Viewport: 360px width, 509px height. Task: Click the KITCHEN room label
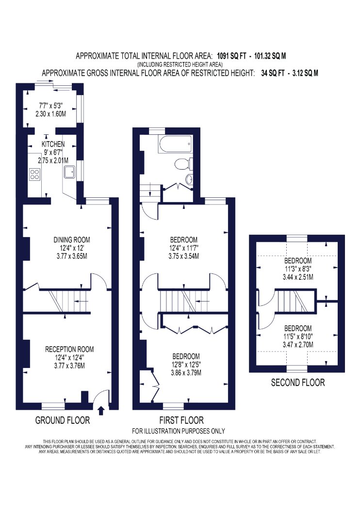53,144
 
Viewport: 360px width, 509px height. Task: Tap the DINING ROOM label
71,240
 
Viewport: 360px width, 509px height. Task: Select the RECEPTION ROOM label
69,350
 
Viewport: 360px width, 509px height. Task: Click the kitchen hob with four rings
34,175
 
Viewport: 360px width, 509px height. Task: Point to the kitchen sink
69,172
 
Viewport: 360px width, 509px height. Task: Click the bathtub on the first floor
175,144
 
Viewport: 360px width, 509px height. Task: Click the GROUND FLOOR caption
63,421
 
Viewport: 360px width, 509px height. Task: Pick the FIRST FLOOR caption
181,421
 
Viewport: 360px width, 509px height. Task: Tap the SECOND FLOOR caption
298,383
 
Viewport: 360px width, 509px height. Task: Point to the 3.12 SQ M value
305,73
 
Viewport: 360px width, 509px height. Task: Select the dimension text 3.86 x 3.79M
186,373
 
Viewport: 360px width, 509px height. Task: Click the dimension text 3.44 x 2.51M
298,278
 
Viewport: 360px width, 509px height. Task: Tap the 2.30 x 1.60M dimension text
50,114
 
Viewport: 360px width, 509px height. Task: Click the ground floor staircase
65,301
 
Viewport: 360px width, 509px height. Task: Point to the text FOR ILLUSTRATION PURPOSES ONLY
179,431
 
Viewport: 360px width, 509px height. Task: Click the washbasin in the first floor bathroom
189,178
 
